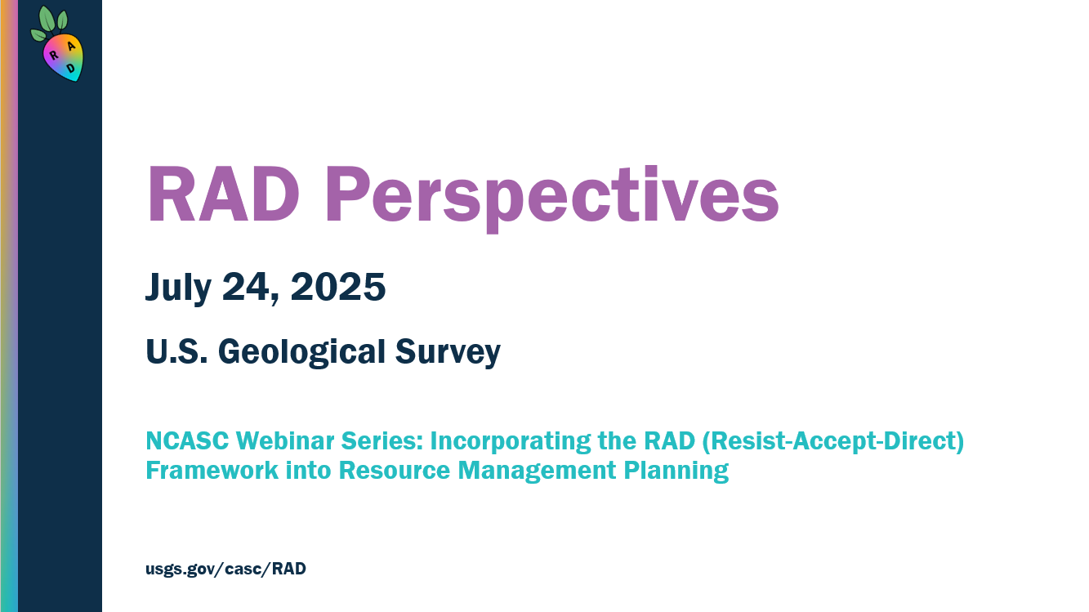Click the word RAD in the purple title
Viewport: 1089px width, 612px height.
coord(222,196)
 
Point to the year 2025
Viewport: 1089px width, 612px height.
coord(338,288)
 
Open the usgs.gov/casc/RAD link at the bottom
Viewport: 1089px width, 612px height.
coord(225,570)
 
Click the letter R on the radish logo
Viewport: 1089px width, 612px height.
coord(54,55)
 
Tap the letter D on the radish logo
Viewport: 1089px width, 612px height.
coord(71,69)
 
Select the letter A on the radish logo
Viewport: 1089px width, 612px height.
coord(71,47)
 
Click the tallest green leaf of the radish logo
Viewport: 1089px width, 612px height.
coord(47,19)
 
